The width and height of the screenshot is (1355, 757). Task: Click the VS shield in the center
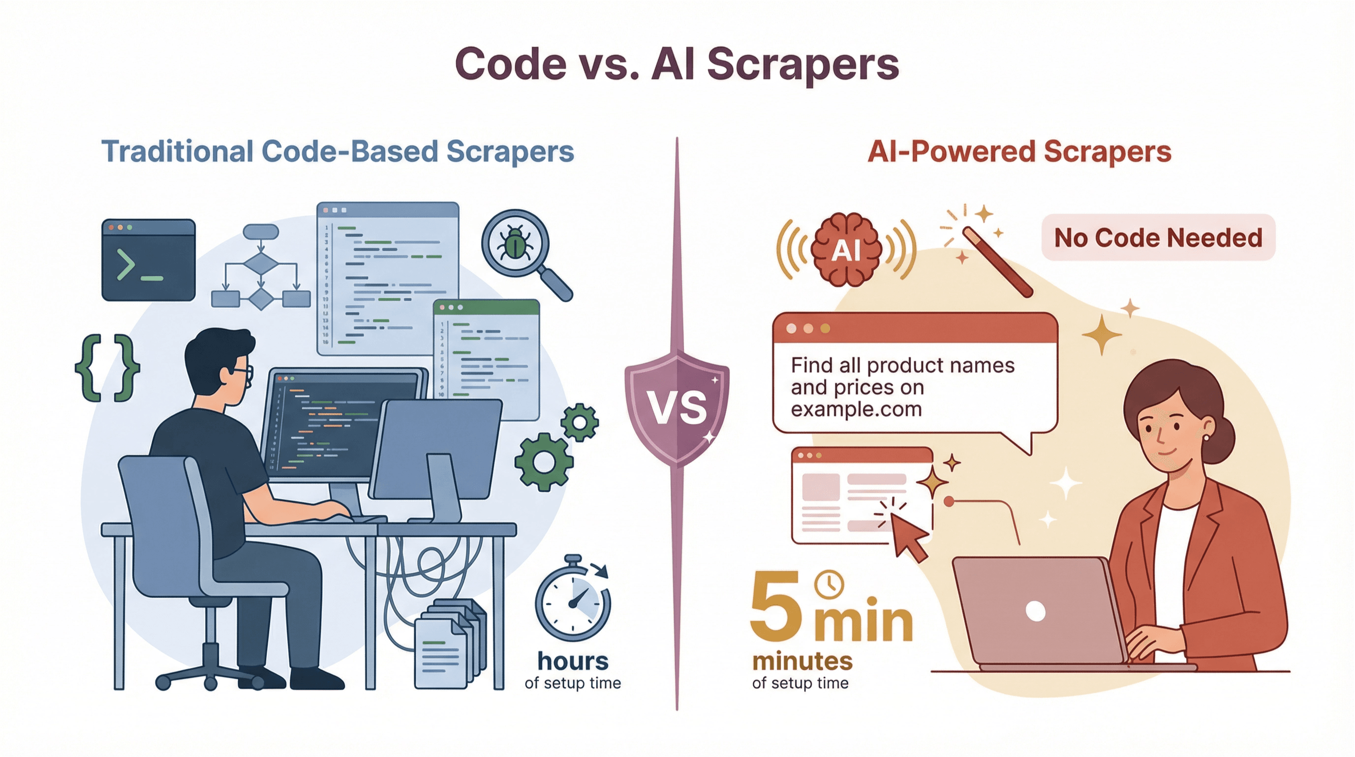click(x=677, y=408)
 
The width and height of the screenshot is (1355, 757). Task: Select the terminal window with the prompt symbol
click(x=148, y=260)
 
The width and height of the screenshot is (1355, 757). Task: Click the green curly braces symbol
click(x=107, y=368)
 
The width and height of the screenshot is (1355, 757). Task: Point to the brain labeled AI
click(x=846, y=250)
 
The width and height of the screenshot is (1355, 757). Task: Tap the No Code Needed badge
click(x=1158, y=238)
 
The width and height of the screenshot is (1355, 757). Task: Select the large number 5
click(x=776, y=607)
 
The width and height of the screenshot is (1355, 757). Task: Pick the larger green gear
click(x=544, y=462)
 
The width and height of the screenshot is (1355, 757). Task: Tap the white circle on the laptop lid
click(x=1035, y=611)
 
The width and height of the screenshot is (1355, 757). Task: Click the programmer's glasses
click(x=243, y=373)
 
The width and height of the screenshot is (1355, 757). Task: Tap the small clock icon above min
click(x=829, y=584)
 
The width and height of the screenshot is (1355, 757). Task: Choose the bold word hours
click(x=573, y=661)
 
